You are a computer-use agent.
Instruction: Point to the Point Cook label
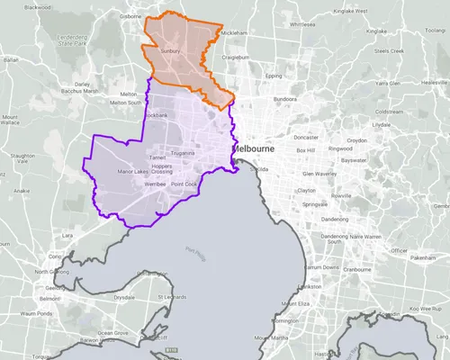click(184, 184)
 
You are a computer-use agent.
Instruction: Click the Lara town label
click(67, 235)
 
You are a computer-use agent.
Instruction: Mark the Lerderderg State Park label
click(69, 40)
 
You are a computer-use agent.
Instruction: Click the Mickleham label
click(233, 32)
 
